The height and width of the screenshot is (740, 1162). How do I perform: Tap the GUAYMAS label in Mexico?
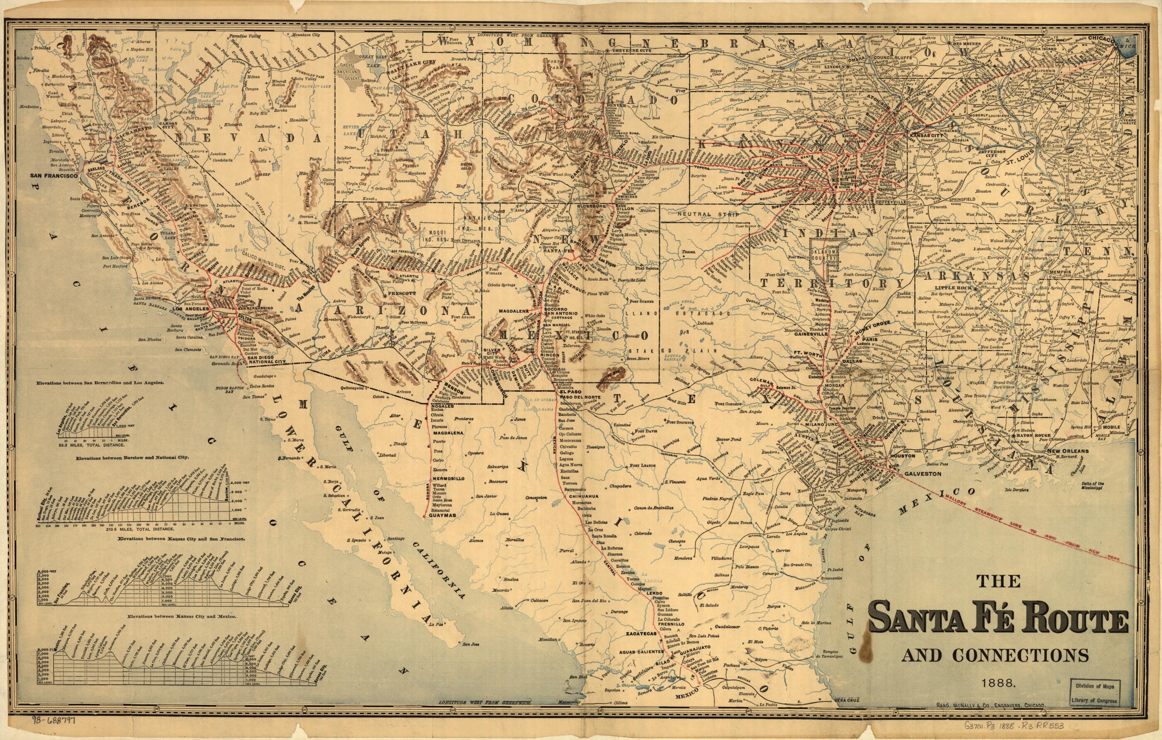(442, 516)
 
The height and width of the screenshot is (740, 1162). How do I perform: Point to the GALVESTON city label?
(922, 474)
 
